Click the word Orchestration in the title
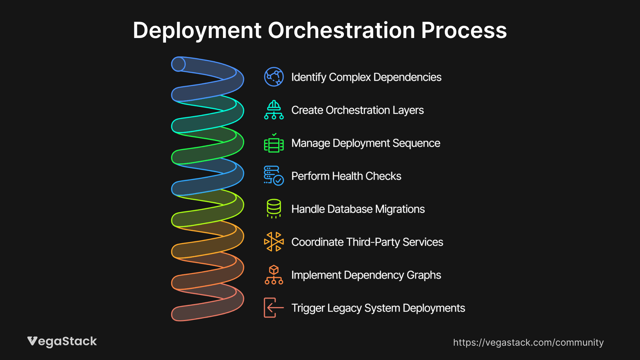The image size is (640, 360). (x=341, y=30)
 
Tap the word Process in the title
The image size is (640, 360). (x=464, y=30)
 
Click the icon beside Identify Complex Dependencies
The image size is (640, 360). (x=274, y=77)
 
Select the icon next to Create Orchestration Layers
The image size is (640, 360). (x=274, y=110)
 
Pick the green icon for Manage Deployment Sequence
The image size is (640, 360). (x=274, y=143)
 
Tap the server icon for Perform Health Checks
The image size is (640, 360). (x=274, y=176)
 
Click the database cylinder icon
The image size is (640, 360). (x=274, y=209)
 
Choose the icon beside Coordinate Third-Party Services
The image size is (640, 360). (x=274, y=242)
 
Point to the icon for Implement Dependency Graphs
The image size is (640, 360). (x=274, y=275)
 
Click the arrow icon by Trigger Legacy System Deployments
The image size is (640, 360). (x=274, y=308)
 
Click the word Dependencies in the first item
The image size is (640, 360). (x=407, y=77)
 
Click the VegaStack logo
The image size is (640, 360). (x=62, y=341)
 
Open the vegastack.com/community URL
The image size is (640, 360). (x=528, y=342)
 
